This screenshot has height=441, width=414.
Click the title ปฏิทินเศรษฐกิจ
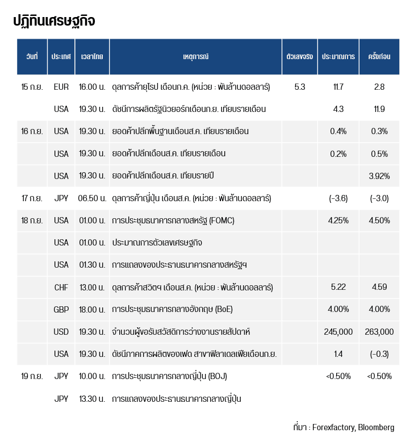(54, 21)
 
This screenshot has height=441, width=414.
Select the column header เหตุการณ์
(196, 57)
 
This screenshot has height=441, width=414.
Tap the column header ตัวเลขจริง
(300, 57)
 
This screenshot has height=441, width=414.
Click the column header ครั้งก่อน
(379, 57)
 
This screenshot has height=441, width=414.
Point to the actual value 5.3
(300, 87)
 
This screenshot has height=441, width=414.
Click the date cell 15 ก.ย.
(32, 87)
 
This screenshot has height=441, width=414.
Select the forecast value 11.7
(338, 87)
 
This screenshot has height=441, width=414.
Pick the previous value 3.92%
(379, 176)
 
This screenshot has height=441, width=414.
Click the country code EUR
(61, 87)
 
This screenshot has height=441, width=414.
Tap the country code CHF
(61, 288)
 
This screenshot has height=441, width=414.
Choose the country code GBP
(61, 310)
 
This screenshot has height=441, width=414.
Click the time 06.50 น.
(91, 198)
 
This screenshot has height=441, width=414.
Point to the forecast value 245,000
(338, 332)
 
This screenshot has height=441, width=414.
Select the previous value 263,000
(379, 332)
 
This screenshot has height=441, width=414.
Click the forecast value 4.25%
(338, 220)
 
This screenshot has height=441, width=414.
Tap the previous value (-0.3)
(379, 354)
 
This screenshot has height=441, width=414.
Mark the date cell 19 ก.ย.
(32, 376)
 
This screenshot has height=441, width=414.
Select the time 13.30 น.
(91, 399)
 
